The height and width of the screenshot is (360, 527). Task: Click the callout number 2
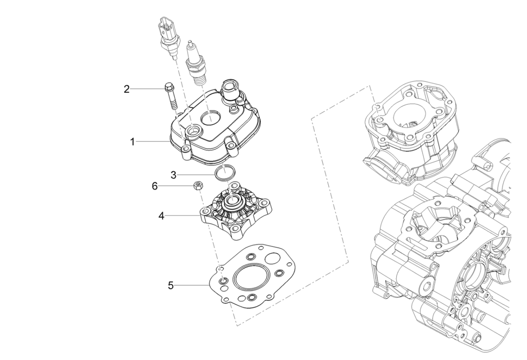(126, 89)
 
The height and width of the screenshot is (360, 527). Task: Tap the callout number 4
(162, 216)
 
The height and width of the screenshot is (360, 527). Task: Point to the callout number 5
(171, 286)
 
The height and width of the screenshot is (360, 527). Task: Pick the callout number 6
(155, 186)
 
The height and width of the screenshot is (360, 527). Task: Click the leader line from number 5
(192, 286)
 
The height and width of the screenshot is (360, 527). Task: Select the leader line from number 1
(153, 142)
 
